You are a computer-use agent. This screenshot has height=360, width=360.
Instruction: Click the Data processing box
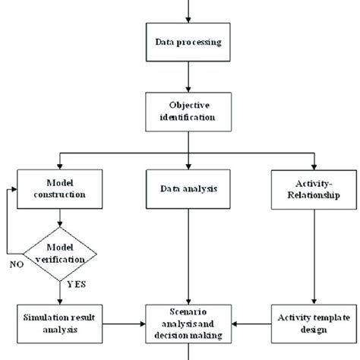[x=188, y=42]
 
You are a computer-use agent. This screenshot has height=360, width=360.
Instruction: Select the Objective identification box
[x=188, y=112]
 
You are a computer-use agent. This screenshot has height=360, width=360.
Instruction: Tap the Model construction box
[x=60, y=189]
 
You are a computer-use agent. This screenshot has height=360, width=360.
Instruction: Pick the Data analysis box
[x=188, y=189]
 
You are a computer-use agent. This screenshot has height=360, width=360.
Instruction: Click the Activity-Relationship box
[x=314, y=190]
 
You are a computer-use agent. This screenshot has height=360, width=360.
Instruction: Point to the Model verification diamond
[x=60, y=254]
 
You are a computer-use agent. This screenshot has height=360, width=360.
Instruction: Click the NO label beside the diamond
[x=17, y=264]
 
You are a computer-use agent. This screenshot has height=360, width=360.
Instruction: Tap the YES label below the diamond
[x=77, y=284]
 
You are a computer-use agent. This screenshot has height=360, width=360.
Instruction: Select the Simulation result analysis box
[x=60, y=324]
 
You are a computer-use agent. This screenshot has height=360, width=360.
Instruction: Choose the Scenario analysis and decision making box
[x=188, y=324]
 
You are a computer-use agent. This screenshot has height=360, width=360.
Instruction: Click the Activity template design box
[x=314, y=324]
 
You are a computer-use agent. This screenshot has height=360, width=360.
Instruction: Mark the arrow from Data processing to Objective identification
[x=188, y=77]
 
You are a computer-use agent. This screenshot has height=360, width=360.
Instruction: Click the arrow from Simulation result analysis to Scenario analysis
[x=124, y=324]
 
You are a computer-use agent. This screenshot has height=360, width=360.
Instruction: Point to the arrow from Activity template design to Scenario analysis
[x=251, y=324]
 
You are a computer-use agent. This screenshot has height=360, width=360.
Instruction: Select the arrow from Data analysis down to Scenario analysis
[x=188, y=257]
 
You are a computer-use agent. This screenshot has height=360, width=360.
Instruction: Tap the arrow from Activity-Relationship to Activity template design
[x=314, y=257]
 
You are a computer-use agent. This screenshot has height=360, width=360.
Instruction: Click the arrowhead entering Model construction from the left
[x=14, y=189]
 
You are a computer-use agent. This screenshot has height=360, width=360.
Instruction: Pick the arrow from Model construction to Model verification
[x=60, y=218]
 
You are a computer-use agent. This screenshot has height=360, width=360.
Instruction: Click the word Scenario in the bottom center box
[x=188, y=312]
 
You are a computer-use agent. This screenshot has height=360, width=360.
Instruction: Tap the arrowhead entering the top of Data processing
[x=188, y=20]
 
